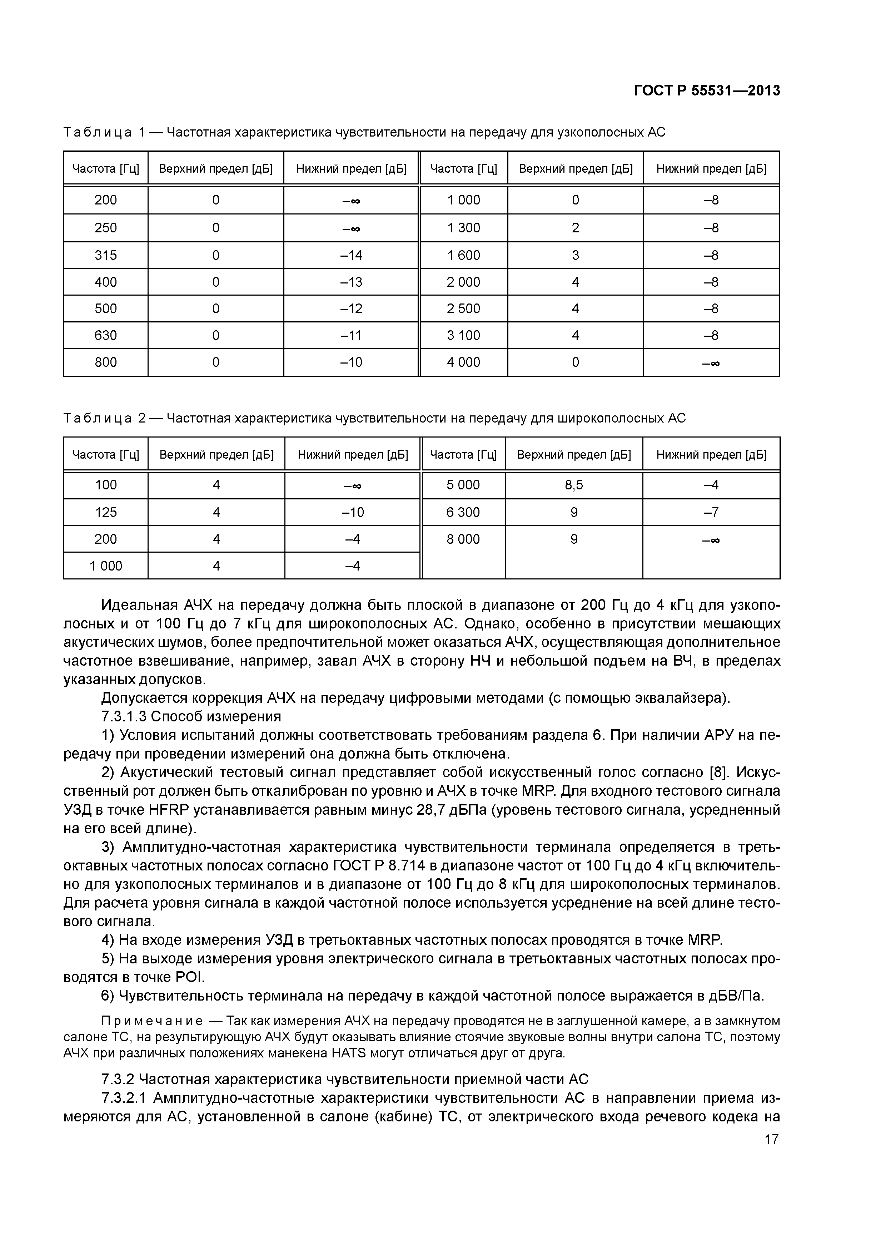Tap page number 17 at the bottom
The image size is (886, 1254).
(x=771, y=1139)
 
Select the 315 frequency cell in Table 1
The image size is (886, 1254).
(x=105, y=255)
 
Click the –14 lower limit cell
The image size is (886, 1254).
(x=351, y=255)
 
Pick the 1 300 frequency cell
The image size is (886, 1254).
(x=463, y=228)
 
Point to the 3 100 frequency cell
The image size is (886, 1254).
(x=463, y=335)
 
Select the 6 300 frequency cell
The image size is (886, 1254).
(x=463, y=512)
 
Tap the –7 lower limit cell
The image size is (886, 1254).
(x=711, y=512)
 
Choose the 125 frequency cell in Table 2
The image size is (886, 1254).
(x=105, y=512)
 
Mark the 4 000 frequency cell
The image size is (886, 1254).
(x=463, y=362)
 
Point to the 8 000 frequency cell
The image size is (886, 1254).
(x=463, y=539)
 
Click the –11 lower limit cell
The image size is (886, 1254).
(x=351, y=335)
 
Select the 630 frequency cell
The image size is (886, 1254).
(x=105, y=335)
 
